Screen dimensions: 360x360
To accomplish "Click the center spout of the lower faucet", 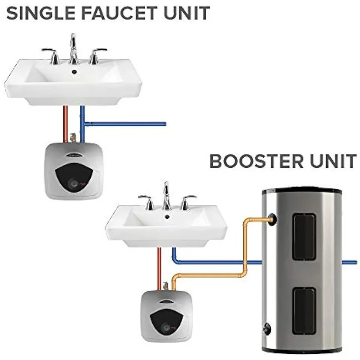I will point(166,196).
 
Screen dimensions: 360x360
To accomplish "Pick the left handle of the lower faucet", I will point(147,202).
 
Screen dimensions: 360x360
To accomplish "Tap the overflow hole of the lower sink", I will point(167,217).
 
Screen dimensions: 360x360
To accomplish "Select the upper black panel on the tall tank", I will point(304,237).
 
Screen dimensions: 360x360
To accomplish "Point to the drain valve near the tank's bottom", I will point(267,328).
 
